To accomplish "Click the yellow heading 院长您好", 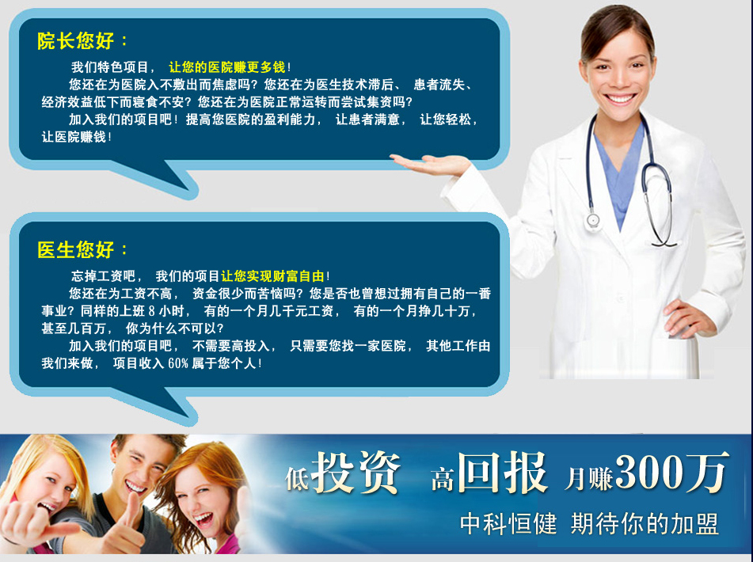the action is (75, 41).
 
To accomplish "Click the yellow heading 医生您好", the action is (75, 250).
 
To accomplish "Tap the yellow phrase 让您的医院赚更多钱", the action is (227, 67).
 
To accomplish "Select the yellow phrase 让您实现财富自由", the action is (272, 276).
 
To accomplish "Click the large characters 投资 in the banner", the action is (356, 473).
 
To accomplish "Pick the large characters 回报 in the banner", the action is (502, 472).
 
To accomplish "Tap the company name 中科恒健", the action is (508, 523).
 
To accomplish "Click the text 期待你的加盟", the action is (645, 523).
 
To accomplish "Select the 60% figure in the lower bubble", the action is (177, 363).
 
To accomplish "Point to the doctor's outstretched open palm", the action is (430, 164).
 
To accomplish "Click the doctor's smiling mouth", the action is (620, 99).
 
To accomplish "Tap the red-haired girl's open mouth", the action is (203, 519).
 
